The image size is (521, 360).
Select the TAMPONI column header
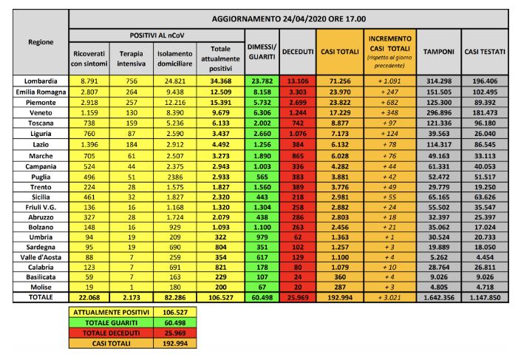click(x=438, y=51)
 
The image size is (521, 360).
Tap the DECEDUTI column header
click(x=298, y=51)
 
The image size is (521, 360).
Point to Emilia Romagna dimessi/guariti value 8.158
click(x=262, y=89)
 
